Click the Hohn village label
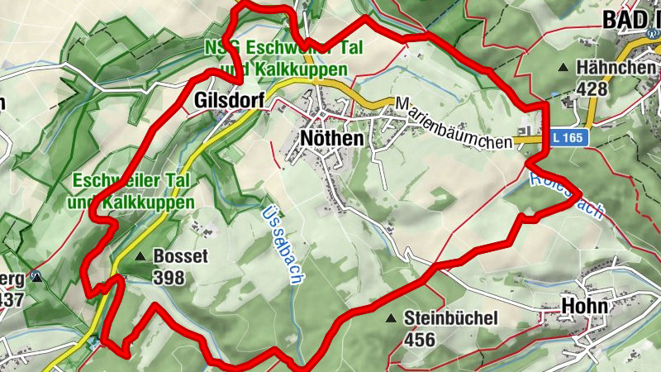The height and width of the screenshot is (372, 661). click(584, 307)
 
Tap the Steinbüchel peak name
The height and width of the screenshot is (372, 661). click(450, 318)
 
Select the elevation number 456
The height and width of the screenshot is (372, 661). click(420, 339)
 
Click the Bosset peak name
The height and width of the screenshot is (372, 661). click(180, 256)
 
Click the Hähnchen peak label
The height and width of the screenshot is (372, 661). click(616, 68)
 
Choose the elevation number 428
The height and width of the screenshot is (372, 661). click(592, 88)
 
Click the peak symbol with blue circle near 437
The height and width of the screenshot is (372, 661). click(36, 278)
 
